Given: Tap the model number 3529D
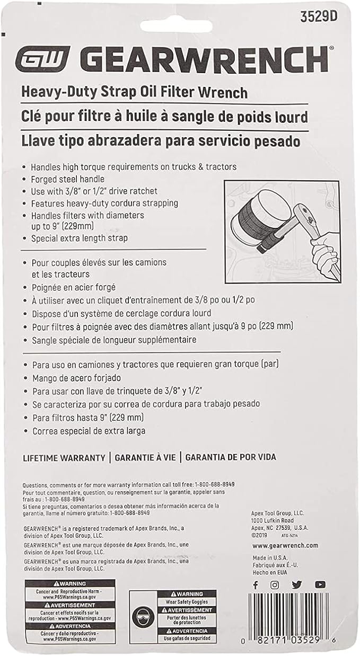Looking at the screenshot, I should [x=318, y=16].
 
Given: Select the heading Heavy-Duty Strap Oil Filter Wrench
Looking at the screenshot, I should [x=134, y=93].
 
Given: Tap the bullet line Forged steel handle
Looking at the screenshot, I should [x=67, y=179].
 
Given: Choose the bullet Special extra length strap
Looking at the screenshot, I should [x=79, y=238].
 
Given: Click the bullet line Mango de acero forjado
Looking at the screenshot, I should [x=77, y=378].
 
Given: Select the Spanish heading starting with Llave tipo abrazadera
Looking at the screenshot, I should [x=161, y=142].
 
